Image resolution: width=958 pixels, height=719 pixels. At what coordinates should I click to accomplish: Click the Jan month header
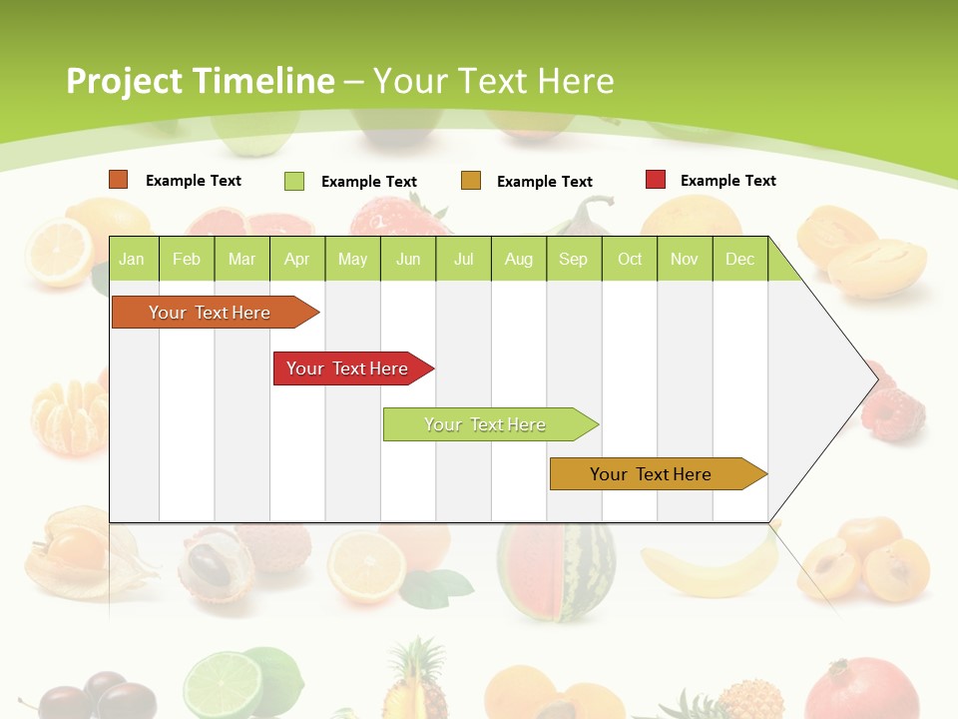[x=132, y=260]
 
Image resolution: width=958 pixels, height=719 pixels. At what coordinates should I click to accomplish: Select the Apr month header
[x=296, y=260]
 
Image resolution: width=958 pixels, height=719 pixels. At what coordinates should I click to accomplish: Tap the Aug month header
[x=518, y=260]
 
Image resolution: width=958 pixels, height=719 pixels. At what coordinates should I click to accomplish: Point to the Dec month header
[x=739, y=260]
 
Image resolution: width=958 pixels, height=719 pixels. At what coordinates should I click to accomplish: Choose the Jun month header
[x=408, y=260]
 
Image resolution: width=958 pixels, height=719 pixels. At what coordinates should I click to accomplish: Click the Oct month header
[x=630, y=260]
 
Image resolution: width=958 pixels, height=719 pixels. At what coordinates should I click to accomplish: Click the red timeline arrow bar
[x=349, y=368]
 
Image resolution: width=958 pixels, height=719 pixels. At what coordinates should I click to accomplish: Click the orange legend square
[x=119, y=180]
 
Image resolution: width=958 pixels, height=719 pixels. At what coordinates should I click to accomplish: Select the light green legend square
[x=294, y=181]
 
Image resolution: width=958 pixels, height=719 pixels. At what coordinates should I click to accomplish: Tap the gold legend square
[x=471, y=181]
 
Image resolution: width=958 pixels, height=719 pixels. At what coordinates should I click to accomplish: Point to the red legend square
[x=656, y=180]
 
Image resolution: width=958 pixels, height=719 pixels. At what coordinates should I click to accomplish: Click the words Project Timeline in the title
[x=200, y=81]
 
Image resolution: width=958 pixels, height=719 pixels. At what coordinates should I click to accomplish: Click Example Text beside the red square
[x=727, y=181]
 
